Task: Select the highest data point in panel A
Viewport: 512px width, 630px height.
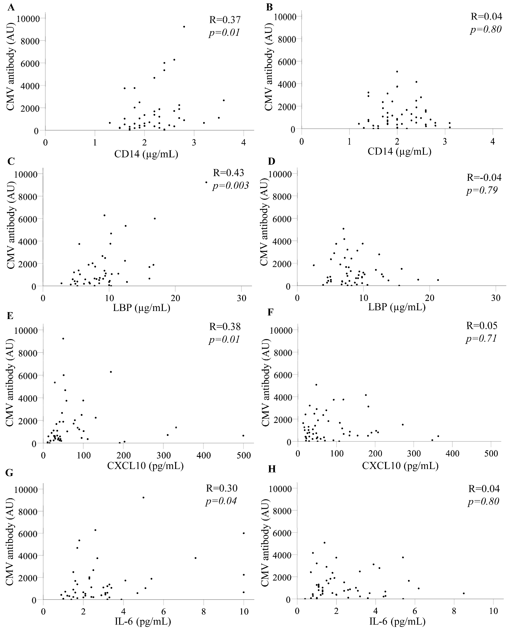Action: (184, 27)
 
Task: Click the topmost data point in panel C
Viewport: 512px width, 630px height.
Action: (206, 182)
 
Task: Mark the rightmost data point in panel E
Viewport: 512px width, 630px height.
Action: (243, 436)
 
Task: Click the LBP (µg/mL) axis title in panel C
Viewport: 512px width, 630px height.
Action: (141, 308)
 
